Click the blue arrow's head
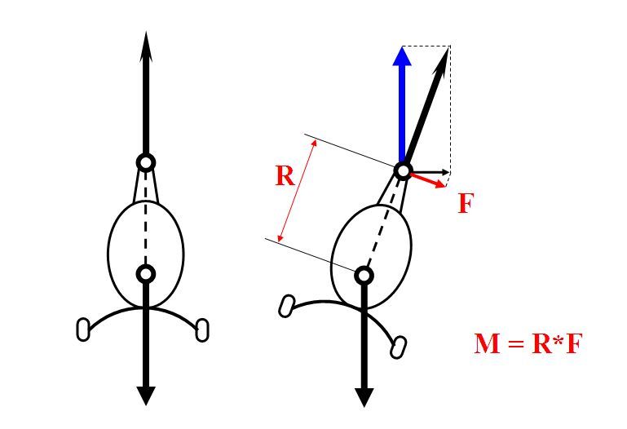click(x=402, y=56)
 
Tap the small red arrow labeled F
click(x=428, y=180)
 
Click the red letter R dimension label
click(x=285, y=175)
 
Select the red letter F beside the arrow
click(x=466, y=203)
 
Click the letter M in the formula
click(x=487, y=343)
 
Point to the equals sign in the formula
click(x=516, y=343)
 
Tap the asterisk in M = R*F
click(x=559, y=340)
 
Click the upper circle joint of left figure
click(x=146, y=163)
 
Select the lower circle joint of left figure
click(x=146, y=274)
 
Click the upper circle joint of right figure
click(x=404, y=170)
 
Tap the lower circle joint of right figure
click(x=364, y=275)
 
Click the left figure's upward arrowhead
click(x=146, y=46)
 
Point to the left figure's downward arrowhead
click(x=146, y=396)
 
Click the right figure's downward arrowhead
click(x=364, y=397)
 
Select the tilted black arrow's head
click(x=442, y=60)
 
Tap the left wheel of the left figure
click(x=83, y=329)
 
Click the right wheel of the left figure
click(x=202, y=329)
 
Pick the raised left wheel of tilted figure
click(x=287, y=307)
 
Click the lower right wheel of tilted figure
click(x=398, y=347)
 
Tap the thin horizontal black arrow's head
click(x=445, y=172)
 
